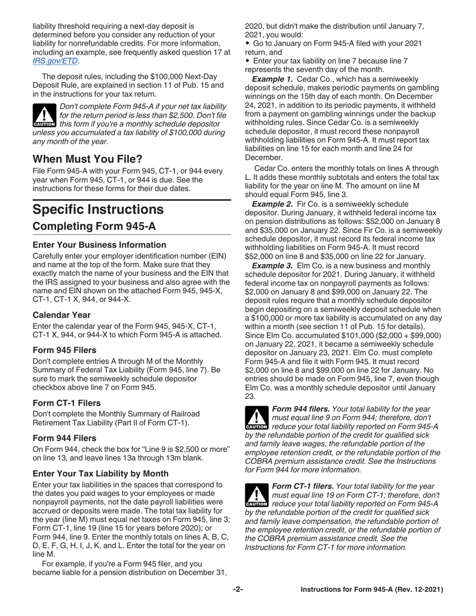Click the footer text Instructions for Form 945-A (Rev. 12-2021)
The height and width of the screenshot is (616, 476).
point(371,589)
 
